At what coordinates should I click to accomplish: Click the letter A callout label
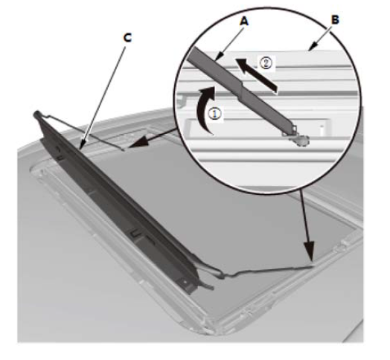[244, 22]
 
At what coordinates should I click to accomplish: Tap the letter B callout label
[335, 19]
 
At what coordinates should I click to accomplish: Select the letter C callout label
[127, 38]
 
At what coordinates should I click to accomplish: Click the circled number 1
[214, 114]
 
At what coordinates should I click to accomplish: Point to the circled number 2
[266, 63]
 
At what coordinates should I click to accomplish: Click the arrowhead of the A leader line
[218, 57]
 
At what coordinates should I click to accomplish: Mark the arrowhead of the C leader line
[82, 146]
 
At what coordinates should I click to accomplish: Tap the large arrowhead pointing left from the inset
[137, 144]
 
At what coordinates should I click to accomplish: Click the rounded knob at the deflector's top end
[36, 114]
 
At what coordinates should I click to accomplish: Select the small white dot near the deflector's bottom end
[185, 282]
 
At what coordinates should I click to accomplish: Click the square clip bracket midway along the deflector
[136, 234]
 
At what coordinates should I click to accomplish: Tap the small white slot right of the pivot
[322, 129]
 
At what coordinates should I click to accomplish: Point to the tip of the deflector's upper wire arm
[124, 150]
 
